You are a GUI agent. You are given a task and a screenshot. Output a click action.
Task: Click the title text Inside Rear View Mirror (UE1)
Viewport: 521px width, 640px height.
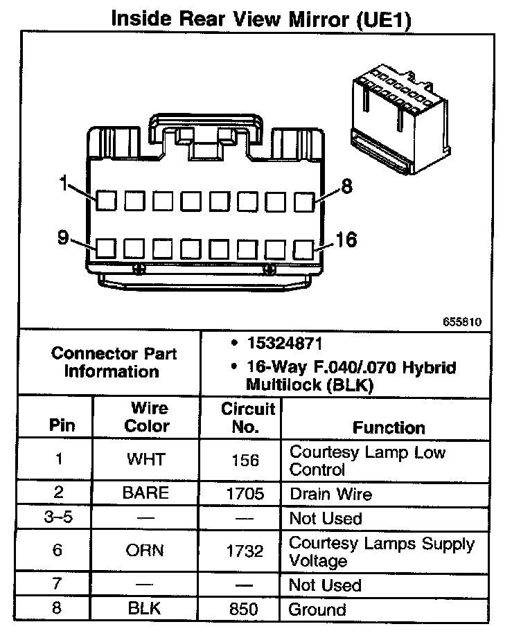261,19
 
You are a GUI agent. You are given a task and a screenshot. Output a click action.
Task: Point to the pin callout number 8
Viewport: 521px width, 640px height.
346,185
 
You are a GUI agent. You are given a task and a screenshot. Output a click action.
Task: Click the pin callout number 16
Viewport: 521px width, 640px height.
346,240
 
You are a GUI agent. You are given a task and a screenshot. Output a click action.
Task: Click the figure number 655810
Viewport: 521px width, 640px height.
463,322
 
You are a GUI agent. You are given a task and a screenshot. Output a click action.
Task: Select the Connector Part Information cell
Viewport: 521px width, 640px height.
114,362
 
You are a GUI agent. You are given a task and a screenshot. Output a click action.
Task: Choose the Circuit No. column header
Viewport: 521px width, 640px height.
247,418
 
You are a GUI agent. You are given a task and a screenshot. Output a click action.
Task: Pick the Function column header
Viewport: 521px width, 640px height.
389,427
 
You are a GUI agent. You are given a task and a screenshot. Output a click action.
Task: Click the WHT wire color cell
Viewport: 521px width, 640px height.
146,460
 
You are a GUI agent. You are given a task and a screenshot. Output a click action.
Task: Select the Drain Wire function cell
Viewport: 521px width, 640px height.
330,495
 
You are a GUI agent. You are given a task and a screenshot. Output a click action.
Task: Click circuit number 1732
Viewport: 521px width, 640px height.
245,551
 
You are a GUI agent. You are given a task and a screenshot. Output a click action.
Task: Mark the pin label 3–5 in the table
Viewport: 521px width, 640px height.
58,517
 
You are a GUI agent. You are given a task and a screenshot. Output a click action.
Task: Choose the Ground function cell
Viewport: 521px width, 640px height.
317,610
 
